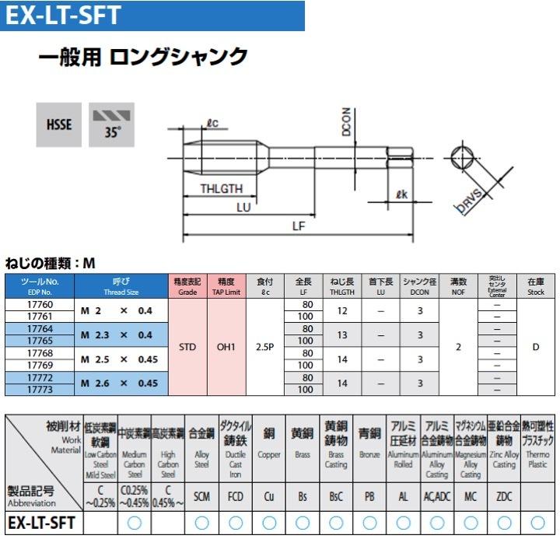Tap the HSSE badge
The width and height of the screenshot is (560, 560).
pyautogui.click(x=58, y=124)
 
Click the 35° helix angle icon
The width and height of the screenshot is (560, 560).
pyautogui.click(x=113, y=124)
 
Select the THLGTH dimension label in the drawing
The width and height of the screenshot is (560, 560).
pyautogui.click(x=222, y=189)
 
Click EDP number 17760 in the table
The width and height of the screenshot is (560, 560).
pyautogui.click(x=40, y=305)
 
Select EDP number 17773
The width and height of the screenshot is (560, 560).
pyautogui.click(x=40, y=389)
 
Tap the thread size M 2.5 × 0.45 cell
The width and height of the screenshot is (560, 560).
pyautogui.click(x=120, y=359)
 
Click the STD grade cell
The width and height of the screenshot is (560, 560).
pyautogui.click(x=187, y=347)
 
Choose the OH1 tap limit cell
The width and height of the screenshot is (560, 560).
pyautogui.click(x=226, y=347)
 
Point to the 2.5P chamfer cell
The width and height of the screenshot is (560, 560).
pyautogui.click(x=264, y=347)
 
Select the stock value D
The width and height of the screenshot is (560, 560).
pyautogui.click(x=535, y=347)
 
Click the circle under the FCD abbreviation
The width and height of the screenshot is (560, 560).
pyautogui.click(x=236, y=523)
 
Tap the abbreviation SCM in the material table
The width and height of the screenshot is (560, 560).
pyautogui.click(x=201, y=496)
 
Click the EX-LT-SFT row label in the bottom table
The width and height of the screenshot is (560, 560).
pyautogui.click(x=42, y=523)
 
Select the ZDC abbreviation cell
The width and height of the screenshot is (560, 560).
pyautogui.click(x=504, y=496)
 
